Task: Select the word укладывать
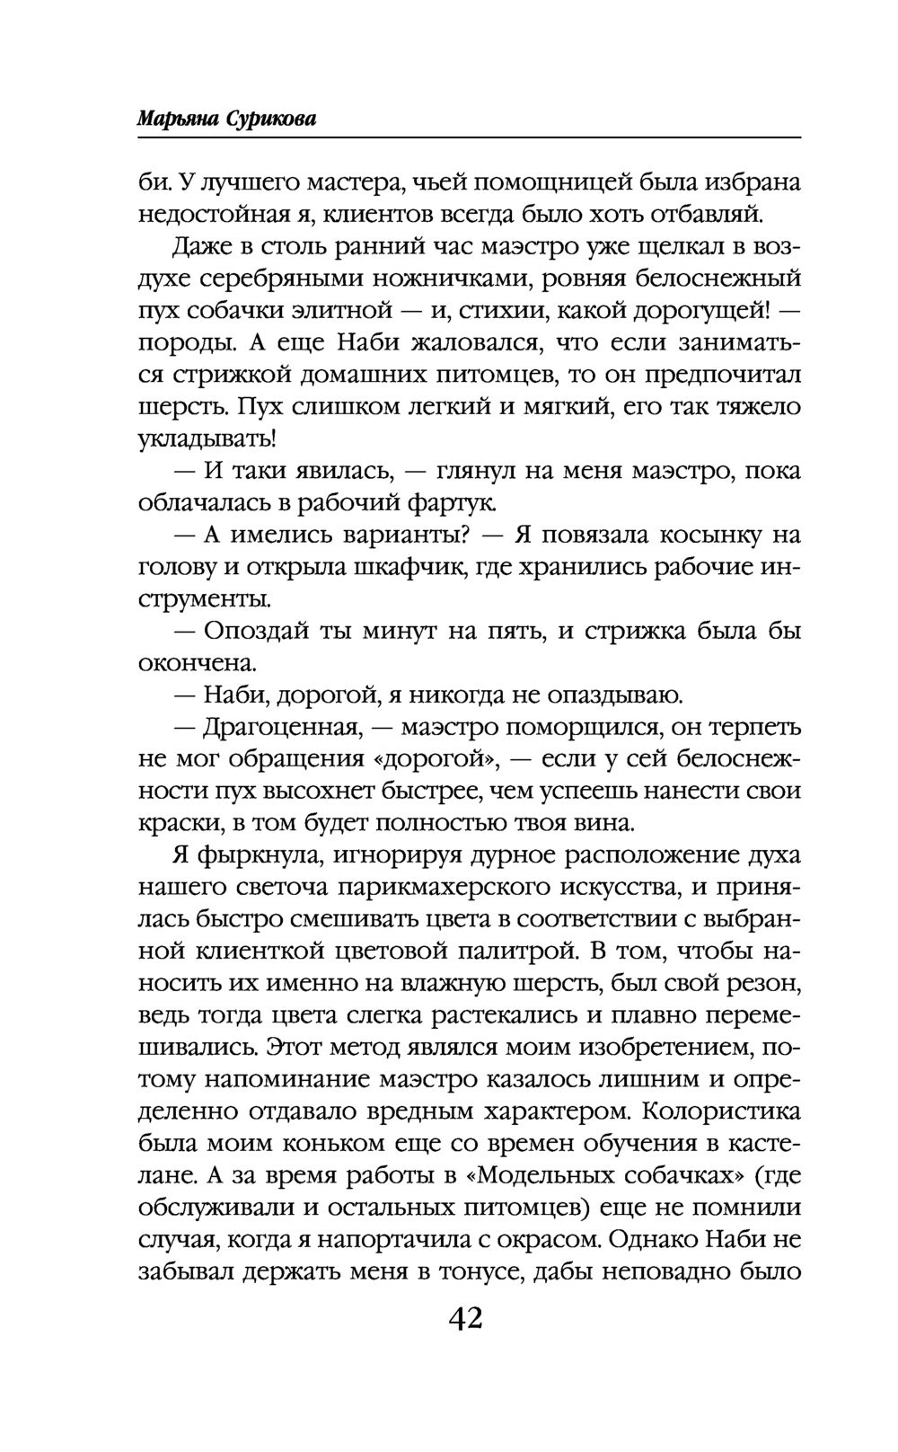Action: pos(206,439)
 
